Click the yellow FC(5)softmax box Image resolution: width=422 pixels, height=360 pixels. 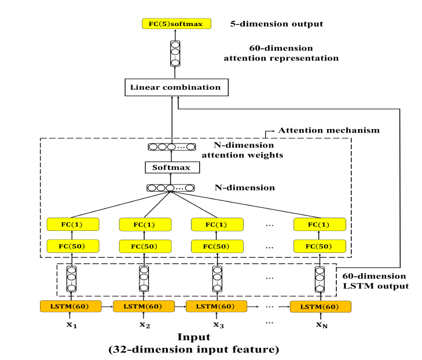pos(177,24)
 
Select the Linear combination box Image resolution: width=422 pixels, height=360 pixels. pos(175,88)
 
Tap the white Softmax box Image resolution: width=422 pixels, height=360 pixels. pos(171,168)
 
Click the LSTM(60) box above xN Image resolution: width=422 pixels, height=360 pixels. pos(320,306)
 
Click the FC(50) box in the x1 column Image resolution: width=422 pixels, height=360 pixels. pos(72,246)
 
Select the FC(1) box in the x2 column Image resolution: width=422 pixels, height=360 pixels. pos(145,225)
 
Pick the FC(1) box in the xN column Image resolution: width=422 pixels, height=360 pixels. pos(320,225)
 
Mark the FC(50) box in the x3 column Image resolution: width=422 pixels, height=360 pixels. pos(218,246)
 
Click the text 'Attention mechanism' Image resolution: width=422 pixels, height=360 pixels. pos(329,130)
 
